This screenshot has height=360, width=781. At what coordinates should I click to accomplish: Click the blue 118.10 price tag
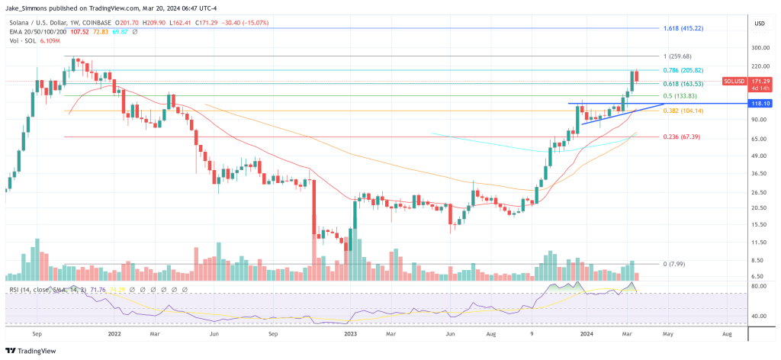pyautogui.click(x=760, y=103)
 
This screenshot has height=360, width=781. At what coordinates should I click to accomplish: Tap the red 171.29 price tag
pyautogui.click(x=760, y=80)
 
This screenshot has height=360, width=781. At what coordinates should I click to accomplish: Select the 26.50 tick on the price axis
pyautogui.click(x=757, y=192)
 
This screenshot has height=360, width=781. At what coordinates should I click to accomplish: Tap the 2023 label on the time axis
pyautogui.click(x=352, y=334)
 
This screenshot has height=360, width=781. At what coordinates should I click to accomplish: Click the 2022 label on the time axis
pyautogui.click(x=115, y=334)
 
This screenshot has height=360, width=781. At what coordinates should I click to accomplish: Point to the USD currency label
pyautogui.click(x=759, y=24)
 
